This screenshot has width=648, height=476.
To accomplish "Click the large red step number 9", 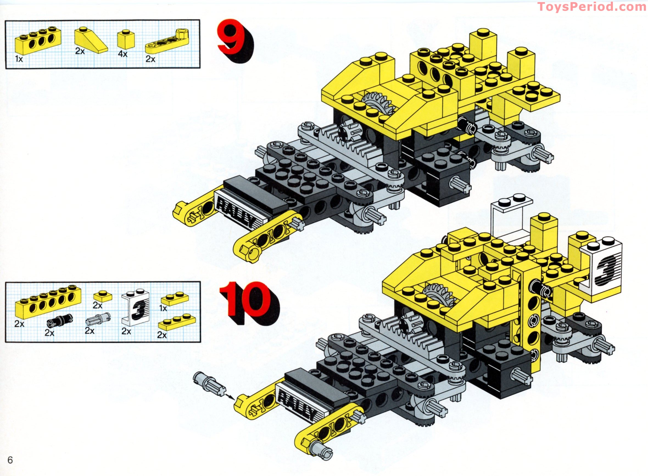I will (x=232, y=38).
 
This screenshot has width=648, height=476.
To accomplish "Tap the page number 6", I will (x=10, y=460).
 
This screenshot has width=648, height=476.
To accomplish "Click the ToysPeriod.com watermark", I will (x=591, y=7).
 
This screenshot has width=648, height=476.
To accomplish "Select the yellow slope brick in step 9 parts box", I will (x=90, y=41).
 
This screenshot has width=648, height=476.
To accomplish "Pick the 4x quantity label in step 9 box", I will (x=122, y=54).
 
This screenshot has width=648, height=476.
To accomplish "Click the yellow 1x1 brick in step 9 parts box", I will (x=126, y=40).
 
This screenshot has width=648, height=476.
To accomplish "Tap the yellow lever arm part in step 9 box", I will (x=167, y=42).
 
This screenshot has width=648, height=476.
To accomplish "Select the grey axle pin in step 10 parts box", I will (x=98, y=319).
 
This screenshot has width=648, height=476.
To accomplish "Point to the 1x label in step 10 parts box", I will (x=163, y=308).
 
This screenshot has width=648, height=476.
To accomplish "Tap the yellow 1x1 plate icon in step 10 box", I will (x=103, y=296).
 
